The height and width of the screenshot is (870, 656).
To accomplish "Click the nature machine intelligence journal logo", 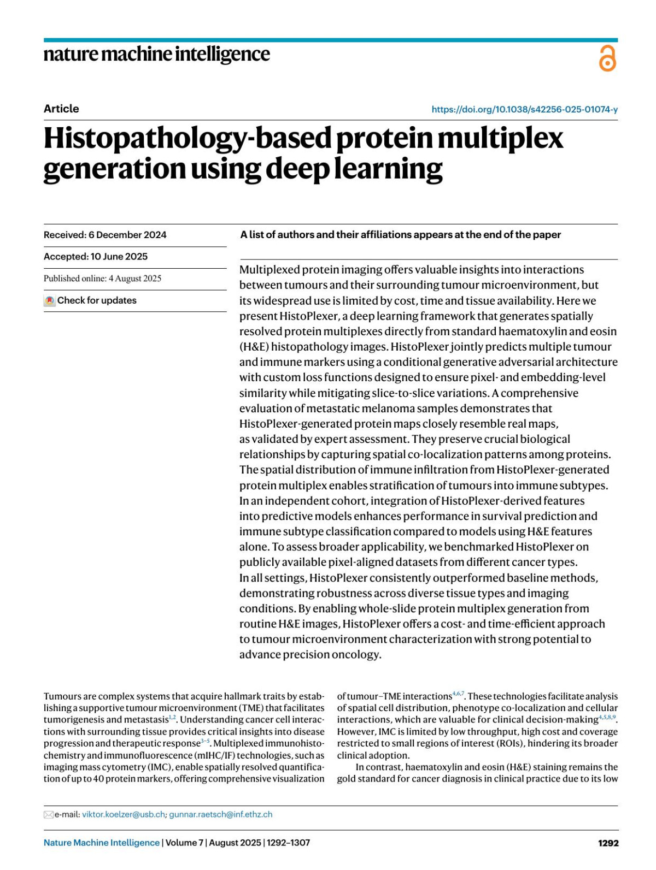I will (x=156, y=55).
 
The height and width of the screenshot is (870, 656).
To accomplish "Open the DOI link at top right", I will (x=524, y=109).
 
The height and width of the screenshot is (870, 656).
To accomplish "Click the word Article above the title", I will (x=61, y=109).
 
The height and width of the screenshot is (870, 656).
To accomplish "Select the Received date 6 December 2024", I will (x=127, y=235).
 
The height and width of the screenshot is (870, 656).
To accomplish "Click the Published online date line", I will (x=102, y=279).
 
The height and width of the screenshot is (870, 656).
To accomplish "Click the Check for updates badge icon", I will (x=50, y=301).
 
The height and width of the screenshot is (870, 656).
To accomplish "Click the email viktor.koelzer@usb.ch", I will (x=124, y=814).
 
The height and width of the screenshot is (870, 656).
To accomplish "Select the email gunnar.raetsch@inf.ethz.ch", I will (x=220, y=814).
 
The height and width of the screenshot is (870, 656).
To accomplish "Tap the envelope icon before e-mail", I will (x=48, y=815).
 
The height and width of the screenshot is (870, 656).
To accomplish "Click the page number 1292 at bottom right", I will (x=608, y=843).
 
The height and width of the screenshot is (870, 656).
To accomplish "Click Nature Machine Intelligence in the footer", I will (x=102, y=843).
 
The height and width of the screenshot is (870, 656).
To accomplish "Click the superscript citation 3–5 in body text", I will (x=206, y=741).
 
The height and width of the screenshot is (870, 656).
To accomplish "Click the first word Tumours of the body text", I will (x=61, y=696).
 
